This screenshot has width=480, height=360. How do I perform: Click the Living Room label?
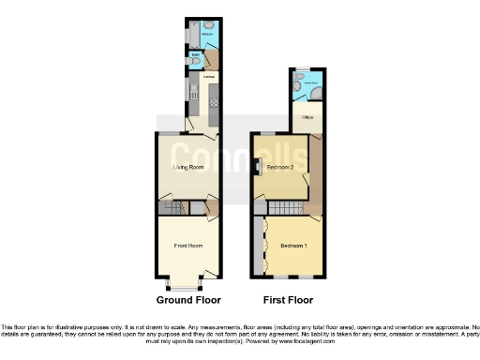188,167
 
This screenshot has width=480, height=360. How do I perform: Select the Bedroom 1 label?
292,246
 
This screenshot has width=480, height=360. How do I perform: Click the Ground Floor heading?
188,301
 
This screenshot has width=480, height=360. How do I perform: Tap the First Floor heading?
287,301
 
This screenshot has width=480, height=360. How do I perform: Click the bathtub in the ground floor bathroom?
193,36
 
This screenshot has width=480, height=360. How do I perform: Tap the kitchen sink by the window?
191,92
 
